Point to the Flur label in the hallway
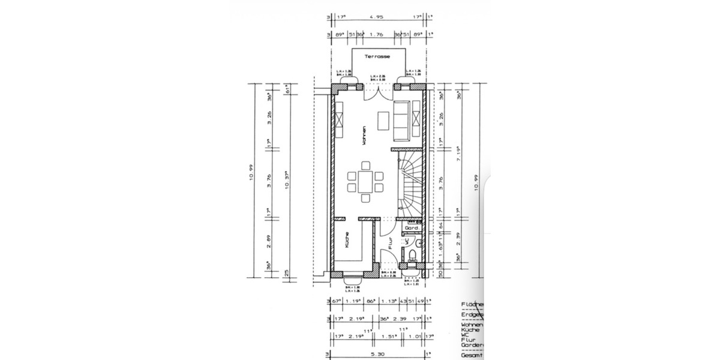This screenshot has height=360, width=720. coord(390,244)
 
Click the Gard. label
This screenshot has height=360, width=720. coord(412,229)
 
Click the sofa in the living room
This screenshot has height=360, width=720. coord(401,121)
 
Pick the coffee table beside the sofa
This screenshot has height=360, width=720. coord(382,120)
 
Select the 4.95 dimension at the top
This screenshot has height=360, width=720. coord(378,18)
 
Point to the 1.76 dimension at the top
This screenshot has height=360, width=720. coord(379,35)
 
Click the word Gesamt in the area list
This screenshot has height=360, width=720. coord(470,355)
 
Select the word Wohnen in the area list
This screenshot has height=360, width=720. coord(470,325)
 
